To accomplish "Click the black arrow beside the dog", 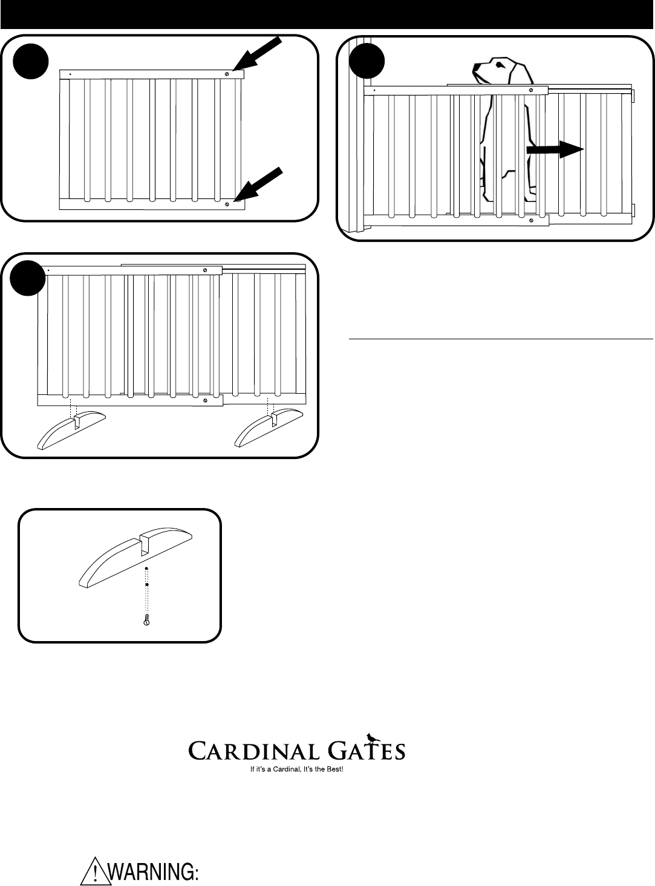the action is pos(555,149).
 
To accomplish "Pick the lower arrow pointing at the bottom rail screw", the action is pos(261,182).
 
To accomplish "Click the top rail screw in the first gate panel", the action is pos(227,74).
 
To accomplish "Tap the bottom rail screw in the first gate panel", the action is pos(227,204).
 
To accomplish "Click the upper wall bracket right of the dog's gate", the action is pos(634,96).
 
